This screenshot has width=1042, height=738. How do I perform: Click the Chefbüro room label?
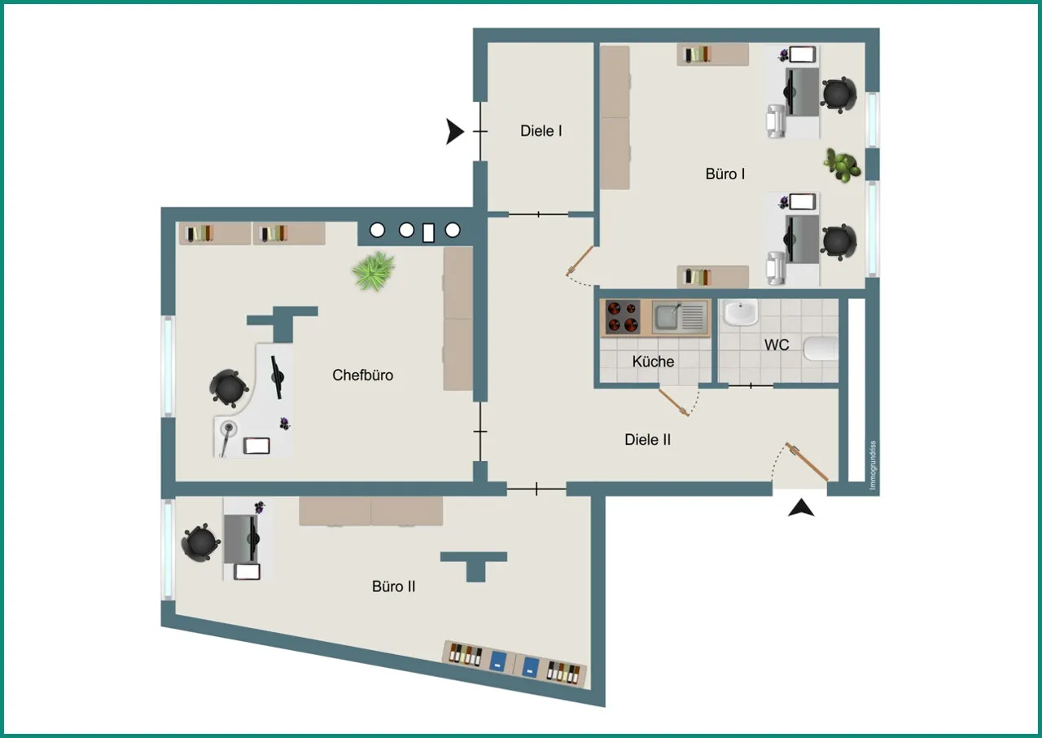click(362, 375)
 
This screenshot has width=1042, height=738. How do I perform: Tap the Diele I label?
click(541, 131)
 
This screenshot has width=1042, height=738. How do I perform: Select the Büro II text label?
click(393, 586)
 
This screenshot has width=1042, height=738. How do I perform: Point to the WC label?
click(777, 345)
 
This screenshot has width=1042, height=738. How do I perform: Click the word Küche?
click(653, 361)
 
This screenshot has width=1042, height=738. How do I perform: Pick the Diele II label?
click(647, 439)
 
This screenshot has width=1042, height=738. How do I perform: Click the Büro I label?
click(725, 174)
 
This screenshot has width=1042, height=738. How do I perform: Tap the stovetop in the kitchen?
click(623, 317)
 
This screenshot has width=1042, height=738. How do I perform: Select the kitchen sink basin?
click(667, 317)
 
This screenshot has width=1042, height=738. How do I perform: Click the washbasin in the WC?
click(741, 312)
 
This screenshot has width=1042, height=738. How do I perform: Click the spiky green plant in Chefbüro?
click(374, 271)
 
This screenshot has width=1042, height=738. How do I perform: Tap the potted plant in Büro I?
click(842, 165)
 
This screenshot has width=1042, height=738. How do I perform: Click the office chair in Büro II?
click(200, 543)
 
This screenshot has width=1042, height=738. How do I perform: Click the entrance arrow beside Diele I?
click(454, 132)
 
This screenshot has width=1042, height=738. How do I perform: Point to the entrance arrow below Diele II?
click(801, 507)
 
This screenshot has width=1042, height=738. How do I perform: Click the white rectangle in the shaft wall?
click(428, 233)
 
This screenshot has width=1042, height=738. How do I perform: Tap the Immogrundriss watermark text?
click(872, 465)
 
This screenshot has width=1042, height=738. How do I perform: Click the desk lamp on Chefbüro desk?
click(226, 437)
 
